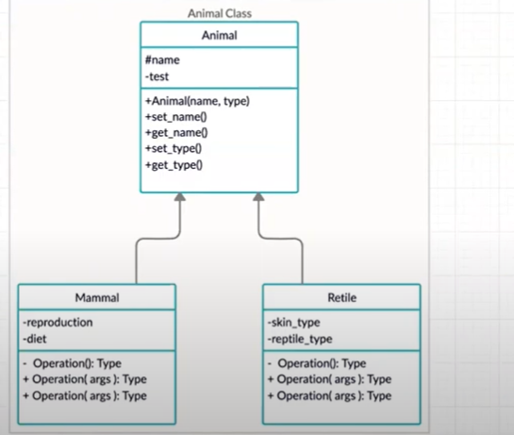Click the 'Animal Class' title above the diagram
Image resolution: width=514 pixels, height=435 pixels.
coord(218,13)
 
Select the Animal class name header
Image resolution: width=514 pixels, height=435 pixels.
coord(219,35)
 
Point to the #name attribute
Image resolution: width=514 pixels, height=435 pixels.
coord(163,59)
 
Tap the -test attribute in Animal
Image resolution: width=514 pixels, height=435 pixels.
coord(158,75)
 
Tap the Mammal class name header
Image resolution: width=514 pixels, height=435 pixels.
coord(97,298)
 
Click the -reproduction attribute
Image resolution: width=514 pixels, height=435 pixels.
coord(58,322)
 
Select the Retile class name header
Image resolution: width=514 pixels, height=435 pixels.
coord(342,298)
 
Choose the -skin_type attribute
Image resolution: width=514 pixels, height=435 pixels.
coord(295,322)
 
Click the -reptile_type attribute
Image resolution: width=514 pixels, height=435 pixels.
coord(303,338)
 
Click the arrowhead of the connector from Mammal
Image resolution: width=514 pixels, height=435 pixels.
coord(180,197)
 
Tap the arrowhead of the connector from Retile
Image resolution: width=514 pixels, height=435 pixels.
coord(257,197)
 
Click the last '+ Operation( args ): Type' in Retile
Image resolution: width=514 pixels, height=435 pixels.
coord(329,395)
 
